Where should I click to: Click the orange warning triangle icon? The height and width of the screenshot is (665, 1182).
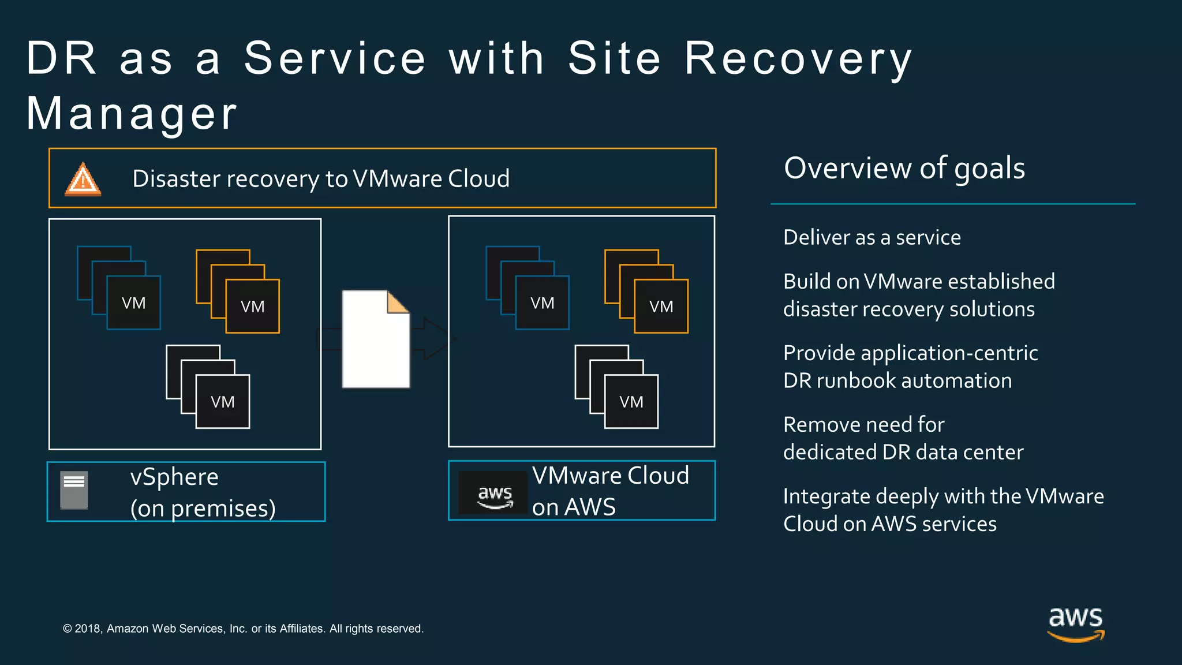click(83, 180)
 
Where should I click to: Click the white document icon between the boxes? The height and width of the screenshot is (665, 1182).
click(376, 339)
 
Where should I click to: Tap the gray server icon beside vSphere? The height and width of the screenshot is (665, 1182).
click(74, 490)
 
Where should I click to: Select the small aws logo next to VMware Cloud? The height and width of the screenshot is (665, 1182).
click(494, 494)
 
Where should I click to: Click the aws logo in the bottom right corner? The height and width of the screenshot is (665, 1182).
click(1075, 624)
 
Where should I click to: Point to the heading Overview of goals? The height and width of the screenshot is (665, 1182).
click(904, 168)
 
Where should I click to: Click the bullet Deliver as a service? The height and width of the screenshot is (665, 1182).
click(871, 237)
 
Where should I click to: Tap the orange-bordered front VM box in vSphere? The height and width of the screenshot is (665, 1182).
click(252, 307)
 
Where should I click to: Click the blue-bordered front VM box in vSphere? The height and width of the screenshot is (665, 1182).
click(133, 303)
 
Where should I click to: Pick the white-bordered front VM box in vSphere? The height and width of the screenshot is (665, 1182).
click(223, 402)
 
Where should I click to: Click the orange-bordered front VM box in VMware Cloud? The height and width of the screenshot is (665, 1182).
click(661, 307)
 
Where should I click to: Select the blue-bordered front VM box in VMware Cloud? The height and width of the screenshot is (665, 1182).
click(542, 303)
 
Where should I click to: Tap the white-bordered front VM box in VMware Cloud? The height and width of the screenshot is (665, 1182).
click(631, 402)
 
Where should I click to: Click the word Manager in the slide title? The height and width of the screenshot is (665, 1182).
click(132, 114)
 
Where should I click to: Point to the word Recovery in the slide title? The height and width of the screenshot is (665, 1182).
click(798, 58)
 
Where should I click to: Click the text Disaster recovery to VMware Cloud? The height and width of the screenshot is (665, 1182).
click(321, 179)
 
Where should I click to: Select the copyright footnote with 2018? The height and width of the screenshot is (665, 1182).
click(243, 629)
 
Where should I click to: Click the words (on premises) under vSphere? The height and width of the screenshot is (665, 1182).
click(203, 509)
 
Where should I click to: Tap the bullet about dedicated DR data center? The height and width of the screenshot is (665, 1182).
click(903, 438)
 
